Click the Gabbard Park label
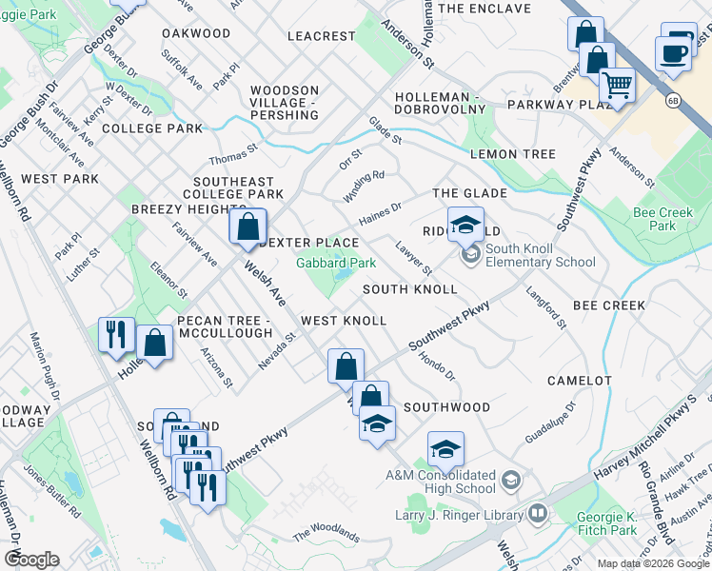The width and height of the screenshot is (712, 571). click(336, 262)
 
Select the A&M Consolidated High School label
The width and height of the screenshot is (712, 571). click(441, 481)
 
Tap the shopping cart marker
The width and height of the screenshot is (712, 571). click(617, 87)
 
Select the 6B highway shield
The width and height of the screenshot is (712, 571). click(674, 99)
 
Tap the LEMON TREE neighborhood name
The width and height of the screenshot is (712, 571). click(512, 154)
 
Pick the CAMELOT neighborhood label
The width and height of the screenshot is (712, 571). click(579, 381)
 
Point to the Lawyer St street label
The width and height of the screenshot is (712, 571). click(414, 258)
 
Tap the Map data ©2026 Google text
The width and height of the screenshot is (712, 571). click(652, 563)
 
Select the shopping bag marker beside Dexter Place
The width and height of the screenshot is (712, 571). click(247, 226)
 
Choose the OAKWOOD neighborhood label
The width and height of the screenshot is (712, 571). click(196, 33)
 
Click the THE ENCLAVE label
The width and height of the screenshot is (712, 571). click(485, 9)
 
